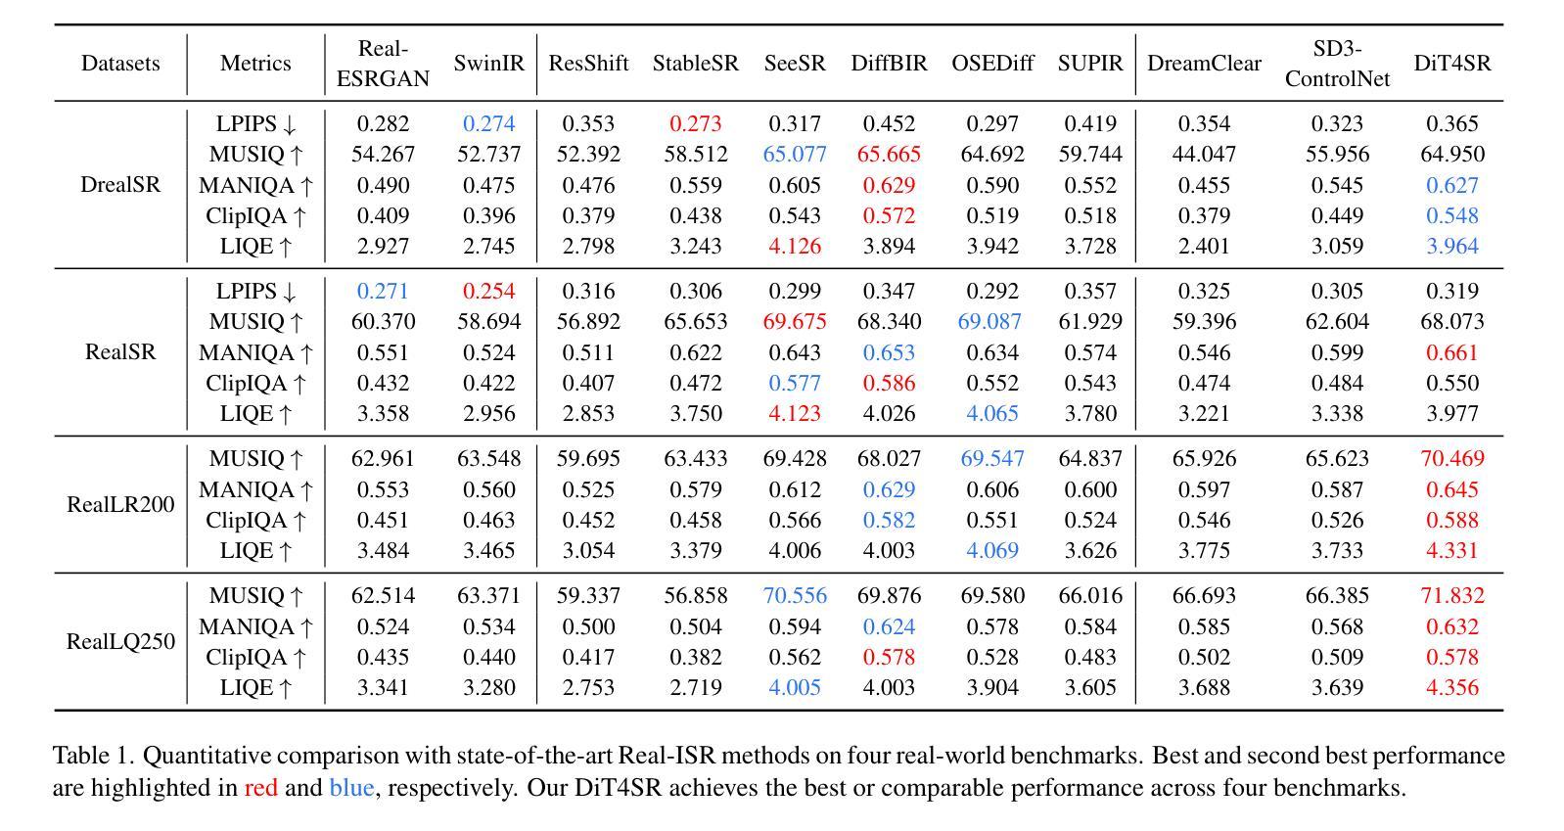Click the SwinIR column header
point(488,63)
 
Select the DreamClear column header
point(1204,63)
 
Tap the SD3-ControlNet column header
point(1337,63)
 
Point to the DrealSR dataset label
point(120,184)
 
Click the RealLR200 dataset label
point(120,504)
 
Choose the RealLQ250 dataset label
point(120,641)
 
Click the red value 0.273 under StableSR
point(696,123)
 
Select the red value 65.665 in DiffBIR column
point(889,154)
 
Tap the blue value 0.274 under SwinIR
point(488,123)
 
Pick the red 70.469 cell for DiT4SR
point(1452,458)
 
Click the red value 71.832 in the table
point(1452,595)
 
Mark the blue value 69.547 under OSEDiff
point(992,458)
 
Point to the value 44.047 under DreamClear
point(1204,154)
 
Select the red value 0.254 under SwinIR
point(488,291)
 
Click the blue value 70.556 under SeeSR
point(795,595)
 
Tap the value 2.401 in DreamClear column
point(1204,246)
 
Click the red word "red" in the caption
point(260,788)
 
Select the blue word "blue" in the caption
point(352,788)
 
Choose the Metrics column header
point(255,63)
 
